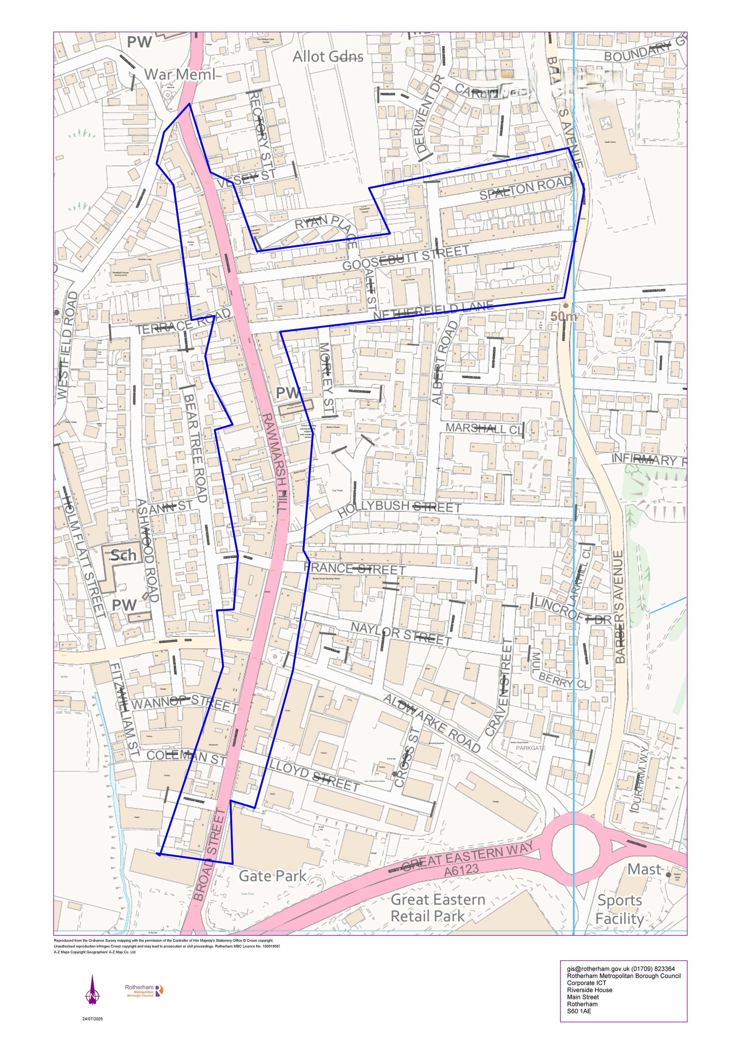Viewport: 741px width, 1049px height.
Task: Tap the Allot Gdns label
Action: (328, 57)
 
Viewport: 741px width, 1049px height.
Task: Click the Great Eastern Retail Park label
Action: (437, 908)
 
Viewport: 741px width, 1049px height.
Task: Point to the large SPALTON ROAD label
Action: (525, 188)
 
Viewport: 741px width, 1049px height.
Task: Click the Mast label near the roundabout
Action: (644, 869)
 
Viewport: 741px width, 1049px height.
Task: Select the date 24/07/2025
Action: (93, 1019)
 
